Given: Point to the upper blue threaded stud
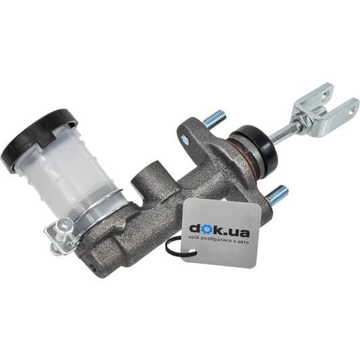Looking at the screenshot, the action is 215,118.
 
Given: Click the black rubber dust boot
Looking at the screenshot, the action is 256,150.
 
